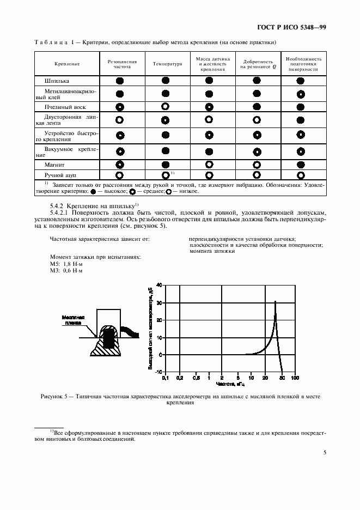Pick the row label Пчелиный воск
pyautogui.click(x=65, y=107)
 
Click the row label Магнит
pyautogui.click(x=54, y=164)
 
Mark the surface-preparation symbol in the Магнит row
pyautogui.click(x=300, y=164)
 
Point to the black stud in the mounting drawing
pyautogui.click(x=109, y=338)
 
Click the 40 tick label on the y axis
pyautogui.click(x=159, y=285)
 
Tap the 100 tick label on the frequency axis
pyautogui.click(x=295, y=377)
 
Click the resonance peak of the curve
pyautogui.click(x=276, y=301)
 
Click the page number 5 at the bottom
pyautogui.click(x=325, y=452)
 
